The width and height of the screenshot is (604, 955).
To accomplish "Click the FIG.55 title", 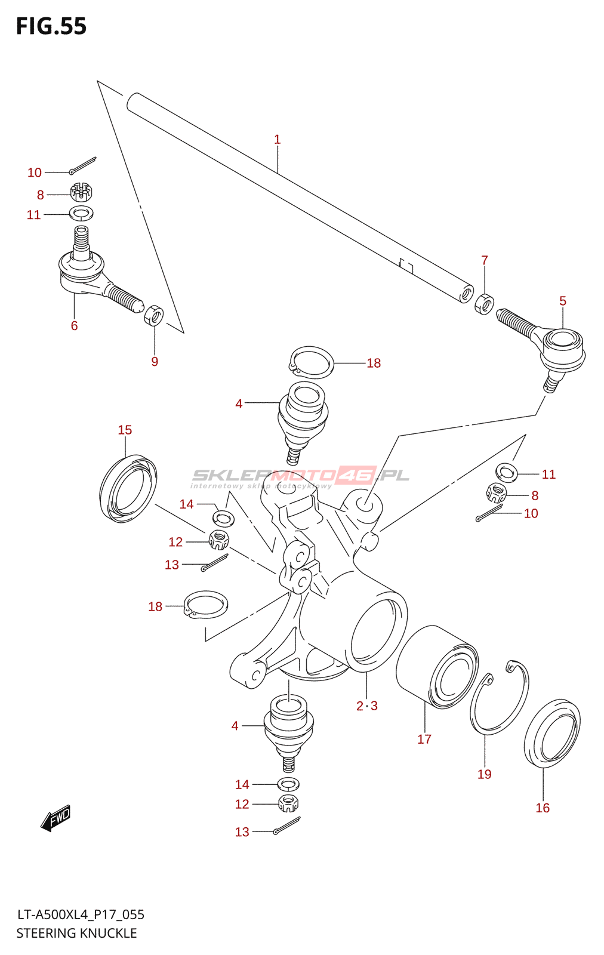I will (51, 26).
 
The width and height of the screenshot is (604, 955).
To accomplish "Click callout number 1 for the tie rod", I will (277, 140).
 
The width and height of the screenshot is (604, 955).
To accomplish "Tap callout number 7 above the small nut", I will (485, 260).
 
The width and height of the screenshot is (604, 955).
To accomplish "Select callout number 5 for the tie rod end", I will (562, 301).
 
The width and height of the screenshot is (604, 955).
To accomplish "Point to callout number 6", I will (74, 325).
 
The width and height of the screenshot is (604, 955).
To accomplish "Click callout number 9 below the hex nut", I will (155, 362).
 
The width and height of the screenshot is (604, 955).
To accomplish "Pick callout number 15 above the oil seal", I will (125, 430).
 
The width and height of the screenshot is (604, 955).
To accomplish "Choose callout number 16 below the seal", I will (543, 808).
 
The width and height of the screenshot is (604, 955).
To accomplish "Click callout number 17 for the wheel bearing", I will (424, 739).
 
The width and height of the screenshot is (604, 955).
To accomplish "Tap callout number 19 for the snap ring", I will (484, 774).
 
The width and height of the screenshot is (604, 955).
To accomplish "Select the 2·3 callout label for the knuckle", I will (366, 706).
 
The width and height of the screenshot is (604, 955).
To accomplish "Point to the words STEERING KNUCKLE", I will (76, 933).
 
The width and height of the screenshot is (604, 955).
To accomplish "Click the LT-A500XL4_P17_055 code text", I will (81, 914).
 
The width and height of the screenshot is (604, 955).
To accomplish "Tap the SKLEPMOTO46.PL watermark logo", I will (300, 476).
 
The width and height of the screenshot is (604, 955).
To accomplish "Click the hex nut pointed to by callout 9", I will (154, 315).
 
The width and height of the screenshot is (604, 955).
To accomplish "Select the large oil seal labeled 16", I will (552, 732).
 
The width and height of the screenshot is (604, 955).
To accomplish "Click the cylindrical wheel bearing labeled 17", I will (437, 667).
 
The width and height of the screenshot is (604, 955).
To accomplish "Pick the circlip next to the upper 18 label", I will (311, 362).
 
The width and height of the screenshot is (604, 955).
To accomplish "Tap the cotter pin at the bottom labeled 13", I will (286, 826).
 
